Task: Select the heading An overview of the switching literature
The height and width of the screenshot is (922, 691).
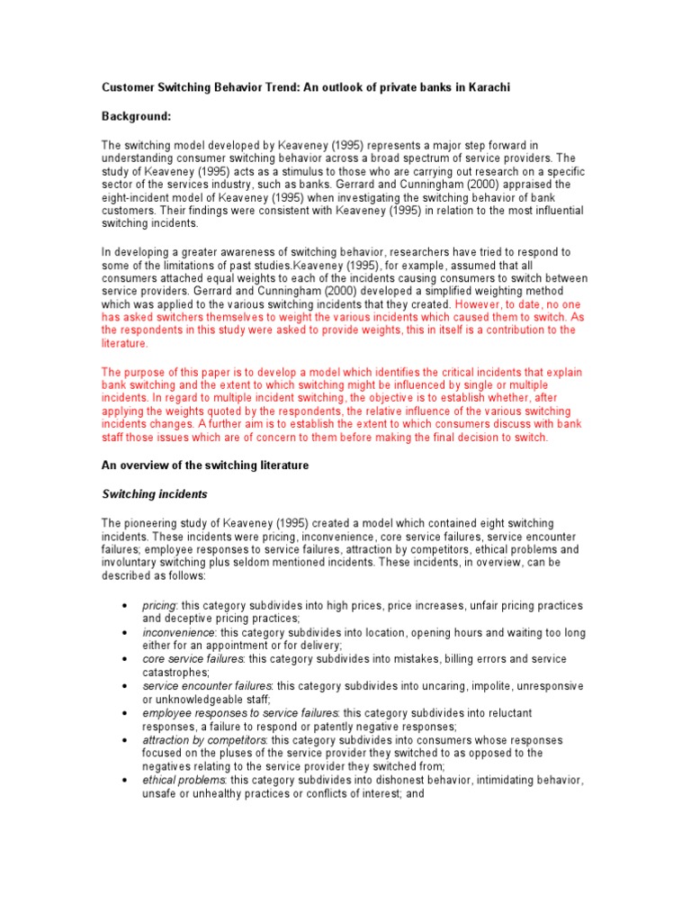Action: click(x=204, y=465)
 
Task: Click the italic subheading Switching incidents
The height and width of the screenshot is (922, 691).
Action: click(x=154, y=493)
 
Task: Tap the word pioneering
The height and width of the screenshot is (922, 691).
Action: click(x=155, y=523)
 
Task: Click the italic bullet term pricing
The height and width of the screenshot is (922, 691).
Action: click(x=159, y=606)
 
